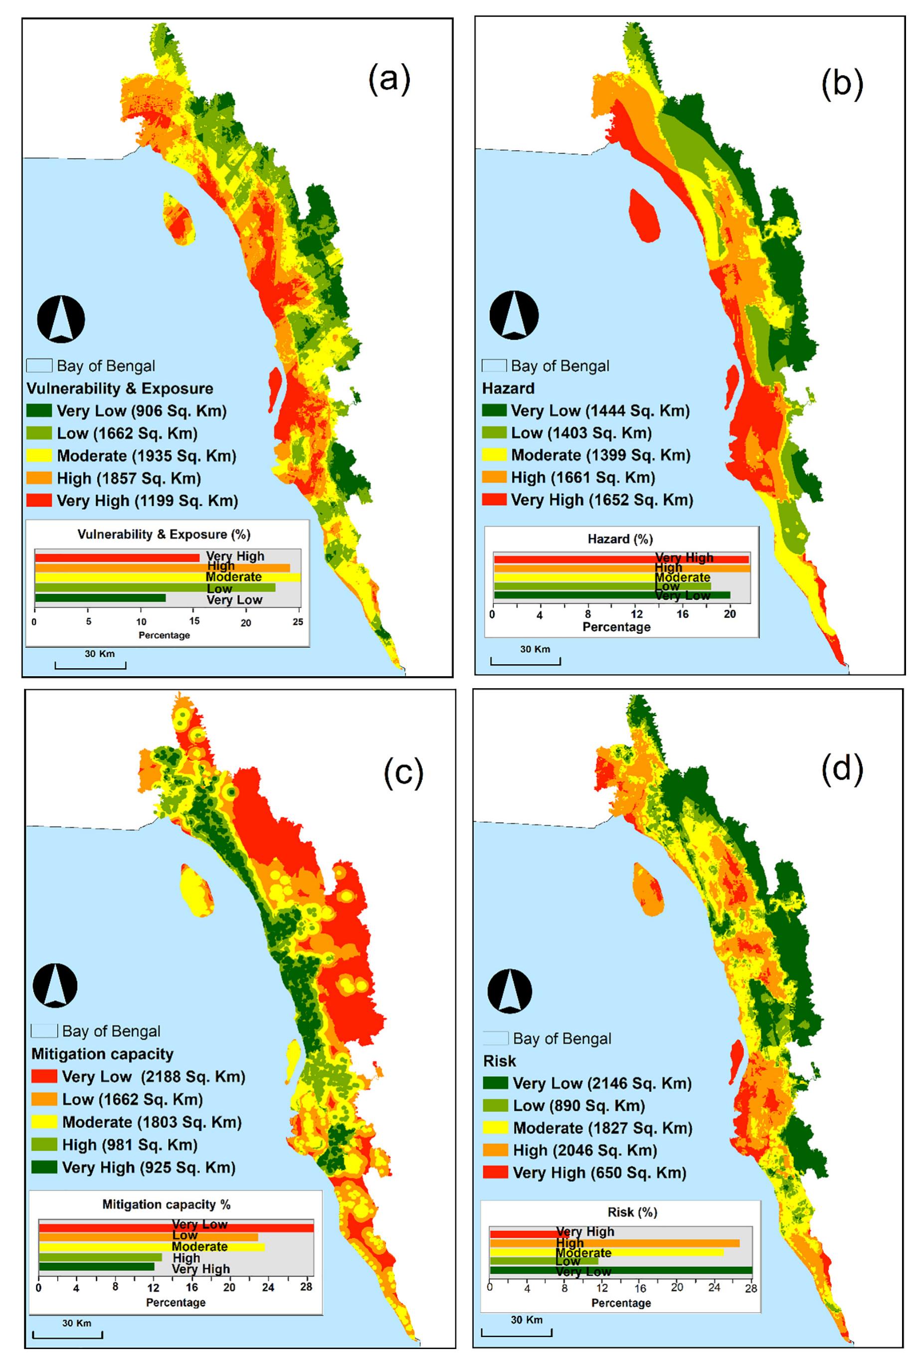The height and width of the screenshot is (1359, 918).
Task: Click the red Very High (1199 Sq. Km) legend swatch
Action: pos(38,501)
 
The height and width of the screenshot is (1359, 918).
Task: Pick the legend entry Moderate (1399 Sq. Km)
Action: pos(600,455)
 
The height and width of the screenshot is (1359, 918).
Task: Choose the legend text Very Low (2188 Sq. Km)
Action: pos(153,1077)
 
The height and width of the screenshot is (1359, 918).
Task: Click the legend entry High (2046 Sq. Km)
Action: pos(585,1150)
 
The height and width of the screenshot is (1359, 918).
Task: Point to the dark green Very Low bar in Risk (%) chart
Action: pos(620,1270)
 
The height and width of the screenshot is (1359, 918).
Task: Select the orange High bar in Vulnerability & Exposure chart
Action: pos(162,567)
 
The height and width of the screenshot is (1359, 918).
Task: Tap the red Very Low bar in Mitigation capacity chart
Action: pos(176,1228)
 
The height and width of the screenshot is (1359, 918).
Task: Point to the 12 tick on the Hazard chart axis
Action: pos(637,614)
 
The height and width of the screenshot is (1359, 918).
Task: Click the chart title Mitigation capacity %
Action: pos(166,1204)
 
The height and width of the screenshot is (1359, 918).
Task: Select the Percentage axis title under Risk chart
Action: pos(620,1303)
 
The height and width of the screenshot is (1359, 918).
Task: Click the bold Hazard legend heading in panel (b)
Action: pos(508,388)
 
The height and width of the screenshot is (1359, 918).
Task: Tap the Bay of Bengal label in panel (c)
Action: pos(111,1031)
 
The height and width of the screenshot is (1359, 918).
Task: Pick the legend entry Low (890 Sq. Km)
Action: pos(578,1105)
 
